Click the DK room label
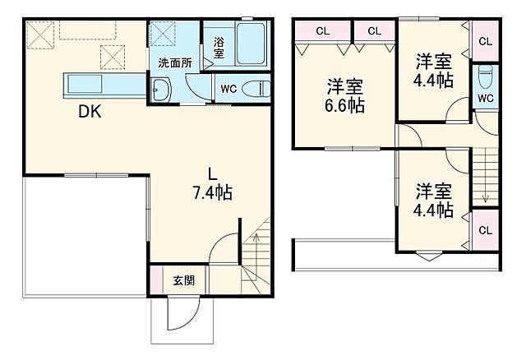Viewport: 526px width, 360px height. tap(90, 114)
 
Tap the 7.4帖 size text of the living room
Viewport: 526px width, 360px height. tap(212, 194)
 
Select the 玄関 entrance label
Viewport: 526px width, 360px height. tap(183, 280)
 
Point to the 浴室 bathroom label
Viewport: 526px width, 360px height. tap(219, 47)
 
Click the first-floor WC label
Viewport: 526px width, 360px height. tap(228, 89)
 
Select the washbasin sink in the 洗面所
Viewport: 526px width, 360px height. tap(161, 90)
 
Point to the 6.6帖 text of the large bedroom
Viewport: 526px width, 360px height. tap(344, 106)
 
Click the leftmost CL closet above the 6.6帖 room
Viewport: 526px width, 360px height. tap(323, 30)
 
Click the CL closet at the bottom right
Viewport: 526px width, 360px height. tap(485, 230)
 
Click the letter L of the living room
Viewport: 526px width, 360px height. tap(211, 173)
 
